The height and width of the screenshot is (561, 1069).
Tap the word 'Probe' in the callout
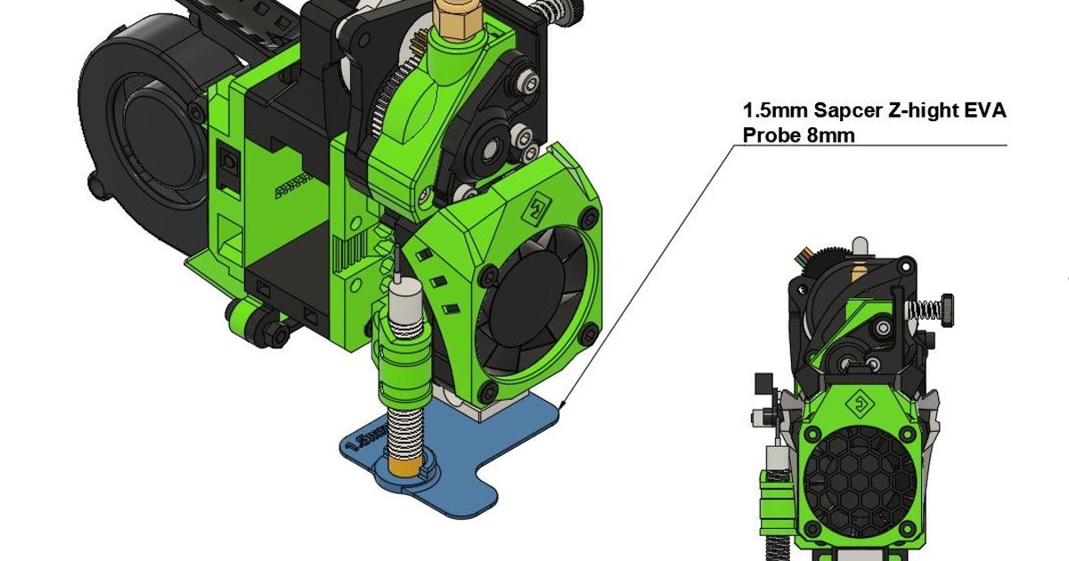click(769, 135)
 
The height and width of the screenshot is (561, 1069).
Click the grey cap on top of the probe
click(405, 291)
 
